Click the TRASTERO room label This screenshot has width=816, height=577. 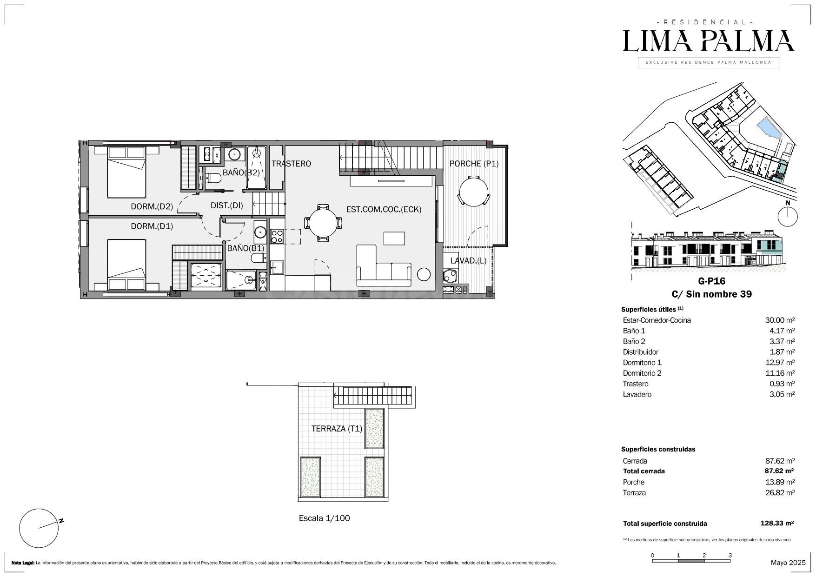291,164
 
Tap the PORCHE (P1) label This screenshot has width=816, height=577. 474,164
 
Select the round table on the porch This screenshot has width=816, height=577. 473,191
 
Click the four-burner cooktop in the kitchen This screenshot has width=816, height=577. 277,237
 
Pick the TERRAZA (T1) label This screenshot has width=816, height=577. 337,429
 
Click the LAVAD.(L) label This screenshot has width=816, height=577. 468,260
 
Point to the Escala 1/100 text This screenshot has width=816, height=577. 324,518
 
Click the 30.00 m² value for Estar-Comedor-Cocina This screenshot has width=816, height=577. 780,320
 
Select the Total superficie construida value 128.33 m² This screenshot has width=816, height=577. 777,523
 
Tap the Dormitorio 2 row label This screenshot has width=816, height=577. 642,373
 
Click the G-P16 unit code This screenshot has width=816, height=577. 711,281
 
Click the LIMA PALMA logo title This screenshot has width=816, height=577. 709,41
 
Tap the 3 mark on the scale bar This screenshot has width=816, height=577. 730,555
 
